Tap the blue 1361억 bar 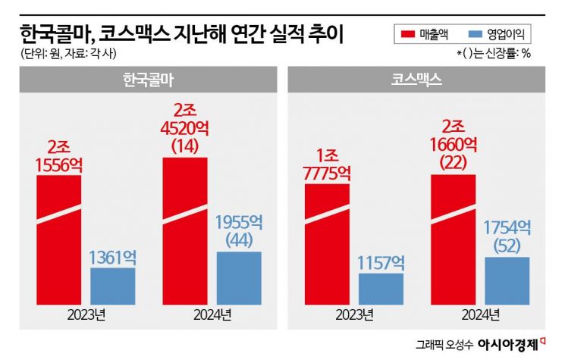(x=113, y=286)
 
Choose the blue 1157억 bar (x=381, y=289)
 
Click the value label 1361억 (x=113, y=255)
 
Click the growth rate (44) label (x=239, y=240)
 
